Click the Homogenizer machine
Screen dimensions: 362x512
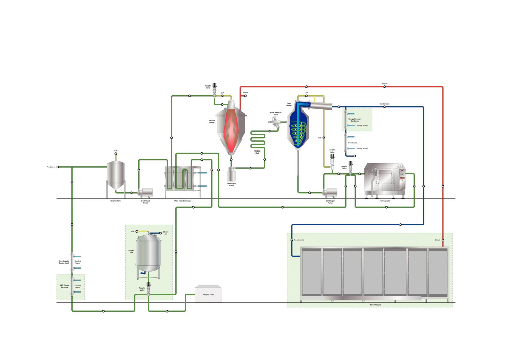385,179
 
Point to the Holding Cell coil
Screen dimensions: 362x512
258,139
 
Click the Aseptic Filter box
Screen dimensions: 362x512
208,294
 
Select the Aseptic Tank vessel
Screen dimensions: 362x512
148,253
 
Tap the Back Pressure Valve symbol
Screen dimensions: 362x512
275,122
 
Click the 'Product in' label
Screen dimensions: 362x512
51,167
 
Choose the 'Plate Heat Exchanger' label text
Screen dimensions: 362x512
183,201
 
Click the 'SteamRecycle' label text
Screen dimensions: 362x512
375,305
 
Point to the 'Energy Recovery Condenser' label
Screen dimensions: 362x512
355,120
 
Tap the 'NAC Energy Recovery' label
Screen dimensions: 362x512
64,286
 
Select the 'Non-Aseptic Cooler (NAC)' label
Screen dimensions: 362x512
64,262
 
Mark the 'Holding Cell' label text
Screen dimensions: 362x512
257,152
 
